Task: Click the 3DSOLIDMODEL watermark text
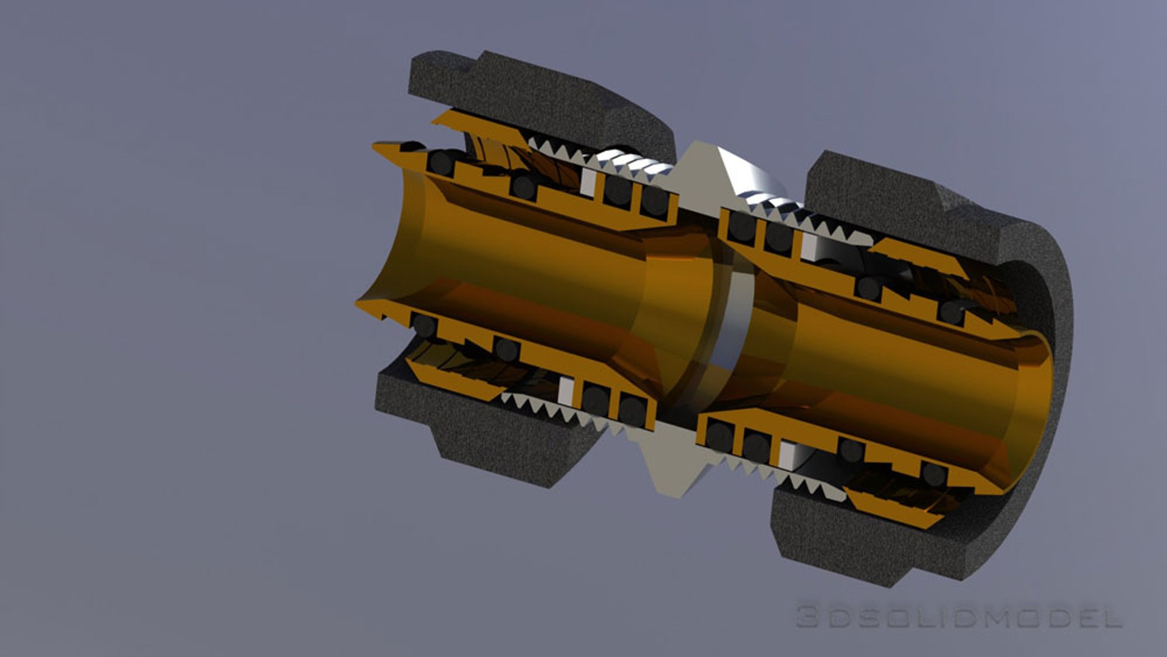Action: coord(959,617)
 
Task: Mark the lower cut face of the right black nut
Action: coord(864,535)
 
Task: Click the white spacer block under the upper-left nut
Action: coord(588,181)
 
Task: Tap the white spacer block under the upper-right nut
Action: coord(809,246)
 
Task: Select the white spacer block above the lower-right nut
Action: coord(787,454)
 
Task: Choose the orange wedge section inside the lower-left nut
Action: coord(450,380)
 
